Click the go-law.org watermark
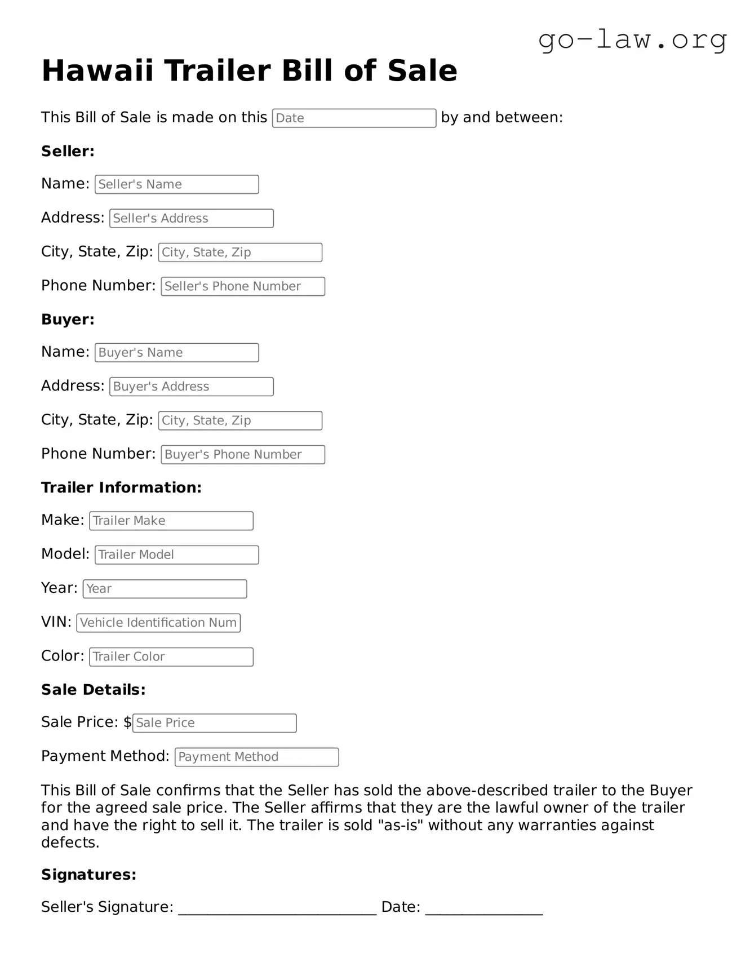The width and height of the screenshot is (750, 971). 632,40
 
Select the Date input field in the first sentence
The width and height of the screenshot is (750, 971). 354,118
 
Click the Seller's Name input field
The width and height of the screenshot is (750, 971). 176,184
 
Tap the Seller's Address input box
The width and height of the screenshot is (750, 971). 191,219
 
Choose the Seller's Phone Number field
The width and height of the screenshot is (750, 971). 242,286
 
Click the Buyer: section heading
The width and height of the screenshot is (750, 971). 68,320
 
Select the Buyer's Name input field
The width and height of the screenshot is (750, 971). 176,353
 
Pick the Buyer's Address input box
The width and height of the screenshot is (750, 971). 191,387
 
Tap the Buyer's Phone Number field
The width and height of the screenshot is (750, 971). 242,455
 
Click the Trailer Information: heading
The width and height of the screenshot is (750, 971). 121,487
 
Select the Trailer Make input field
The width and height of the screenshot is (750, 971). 171,521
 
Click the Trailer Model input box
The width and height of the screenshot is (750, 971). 176,555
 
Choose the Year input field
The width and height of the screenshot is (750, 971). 165,589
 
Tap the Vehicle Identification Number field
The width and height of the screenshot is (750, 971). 158,623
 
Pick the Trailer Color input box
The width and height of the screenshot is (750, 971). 171,657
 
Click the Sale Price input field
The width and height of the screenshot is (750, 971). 214,723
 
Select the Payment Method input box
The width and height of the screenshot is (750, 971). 256,757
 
